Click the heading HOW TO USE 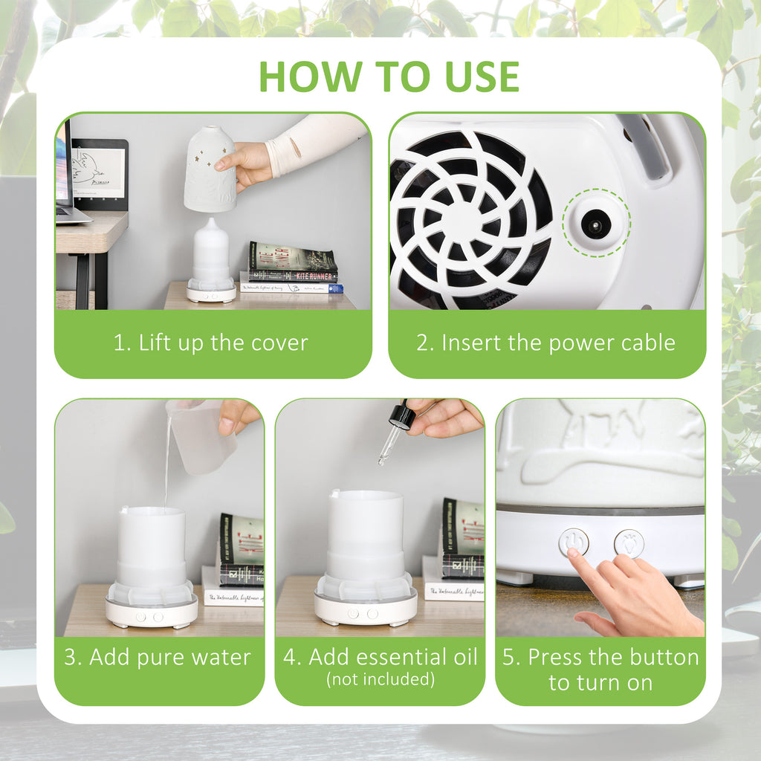[389, 76]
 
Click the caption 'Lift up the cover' [210, 343]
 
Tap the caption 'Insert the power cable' [545, 343]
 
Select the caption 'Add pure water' [158, 658]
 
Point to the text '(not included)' [380, 679]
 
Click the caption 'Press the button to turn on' [600, 670]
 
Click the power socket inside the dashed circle [595, 223]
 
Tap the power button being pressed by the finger [574, 542]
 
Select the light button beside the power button [629, 543]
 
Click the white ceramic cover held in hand [210, 169]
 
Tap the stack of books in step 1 [291, 268]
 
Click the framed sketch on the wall [99, 173]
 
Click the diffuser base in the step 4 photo [365, 609]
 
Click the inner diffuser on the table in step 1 [211, 256]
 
